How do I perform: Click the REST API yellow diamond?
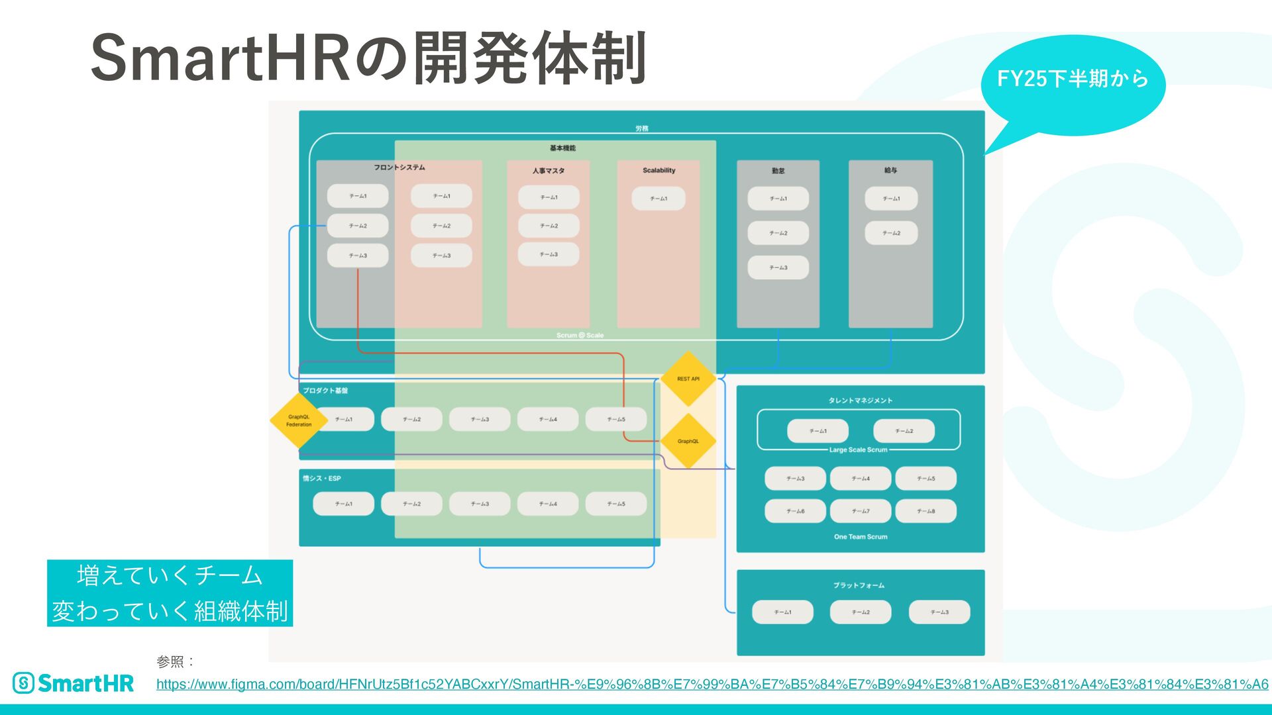(x=688, y=379)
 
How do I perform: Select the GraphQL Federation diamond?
(x=299, y=420)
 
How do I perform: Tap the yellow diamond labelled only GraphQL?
(x=688, y=441)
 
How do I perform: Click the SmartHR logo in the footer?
(x=74, y=683)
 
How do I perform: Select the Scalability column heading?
(x=659, y=170)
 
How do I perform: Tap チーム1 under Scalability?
(x=659, y=199)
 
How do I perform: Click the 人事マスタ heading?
(x=549, y=171)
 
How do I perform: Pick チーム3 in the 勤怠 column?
(x=778, y=267)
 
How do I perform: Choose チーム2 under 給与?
(x=891, y=233)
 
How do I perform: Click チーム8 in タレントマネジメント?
(x=926, y=511)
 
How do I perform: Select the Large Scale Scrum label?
(x=858, y=450)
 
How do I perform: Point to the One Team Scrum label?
(x=861, y=537)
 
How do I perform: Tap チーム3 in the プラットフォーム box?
(x=939, y=612)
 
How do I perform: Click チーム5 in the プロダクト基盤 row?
(x=616, y=419)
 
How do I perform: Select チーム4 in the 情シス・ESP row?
(x=548, y=504)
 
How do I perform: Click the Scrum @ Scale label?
(x=580, y=336)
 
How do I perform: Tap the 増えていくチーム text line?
(x=170, y=575)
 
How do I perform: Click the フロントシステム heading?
(x=399, y=167)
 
